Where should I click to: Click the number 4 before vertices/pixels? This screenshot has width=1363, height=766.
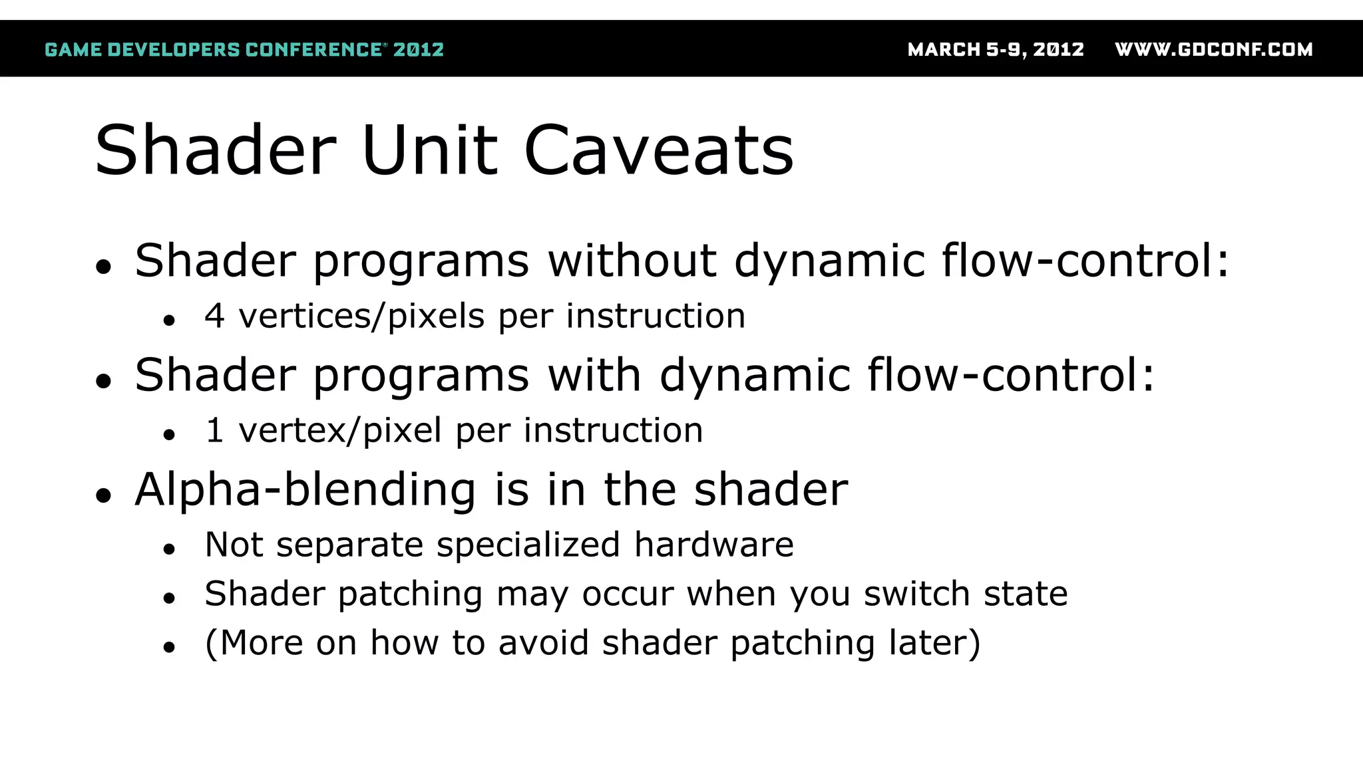(x=214, y=316)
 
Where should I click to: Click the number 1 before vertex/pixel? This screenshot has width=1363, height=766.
(x=214, y=430)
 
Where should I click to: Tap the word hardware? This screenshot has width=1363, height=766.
(x=713, y=545)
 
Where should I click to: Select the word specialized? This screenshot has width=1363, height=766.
(x=528, y=545)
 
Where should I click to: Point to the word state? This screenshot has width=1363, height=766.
(x=1026, y=593)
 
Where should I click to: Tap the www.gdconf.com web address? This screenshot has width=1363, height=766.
(x=1213, y=50)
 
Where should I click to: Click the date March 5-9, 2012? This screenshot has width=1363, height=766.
(x=996, y=50)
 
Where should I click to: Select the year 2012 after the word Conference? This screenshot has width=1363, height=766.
(x=418, y=50)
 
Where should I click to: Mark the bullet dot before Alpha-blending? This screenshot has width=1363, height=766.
(x=103, y=495)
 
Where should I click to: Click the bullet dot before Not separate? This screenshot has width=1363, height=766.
(x=169, y=549)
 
